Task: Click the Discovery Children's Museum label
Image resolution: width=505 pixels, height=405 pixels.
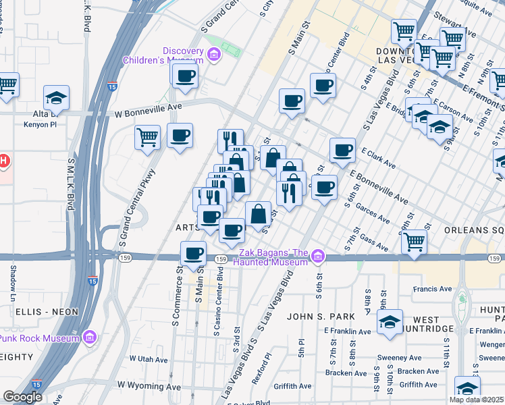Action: click(163, 55)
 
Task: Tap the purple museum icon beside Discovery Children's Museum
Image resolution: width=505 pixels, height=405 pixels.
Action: click(215, 55)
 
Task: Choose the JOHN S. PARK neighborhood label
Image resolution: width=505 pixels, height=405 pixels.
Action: click(314, 316)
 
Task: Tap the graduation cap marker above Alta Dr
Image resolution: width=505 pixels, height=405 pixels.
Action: click(57, 97)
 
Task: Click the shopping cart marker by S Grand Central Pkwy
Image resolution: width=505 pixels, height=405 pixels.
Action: click(148, 138)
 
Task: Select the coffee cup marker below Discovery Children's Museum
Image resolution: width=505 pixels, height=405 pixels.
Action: click(185, 76)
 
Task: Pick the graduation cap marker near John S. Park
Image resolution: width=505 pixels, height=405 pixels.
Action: click(390, 322)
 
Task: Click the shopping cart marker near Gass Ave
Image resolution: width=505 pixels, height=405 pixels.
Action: click(414, 241)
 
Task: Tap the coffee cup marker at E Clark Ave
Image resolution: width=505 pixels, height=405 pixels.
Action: click(342, 150)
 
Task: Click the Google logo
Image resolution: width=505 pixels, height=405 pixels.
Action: click(22, 397)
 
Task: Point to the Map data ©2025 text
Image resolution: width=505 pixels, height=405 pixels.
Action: click(476, 400)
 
